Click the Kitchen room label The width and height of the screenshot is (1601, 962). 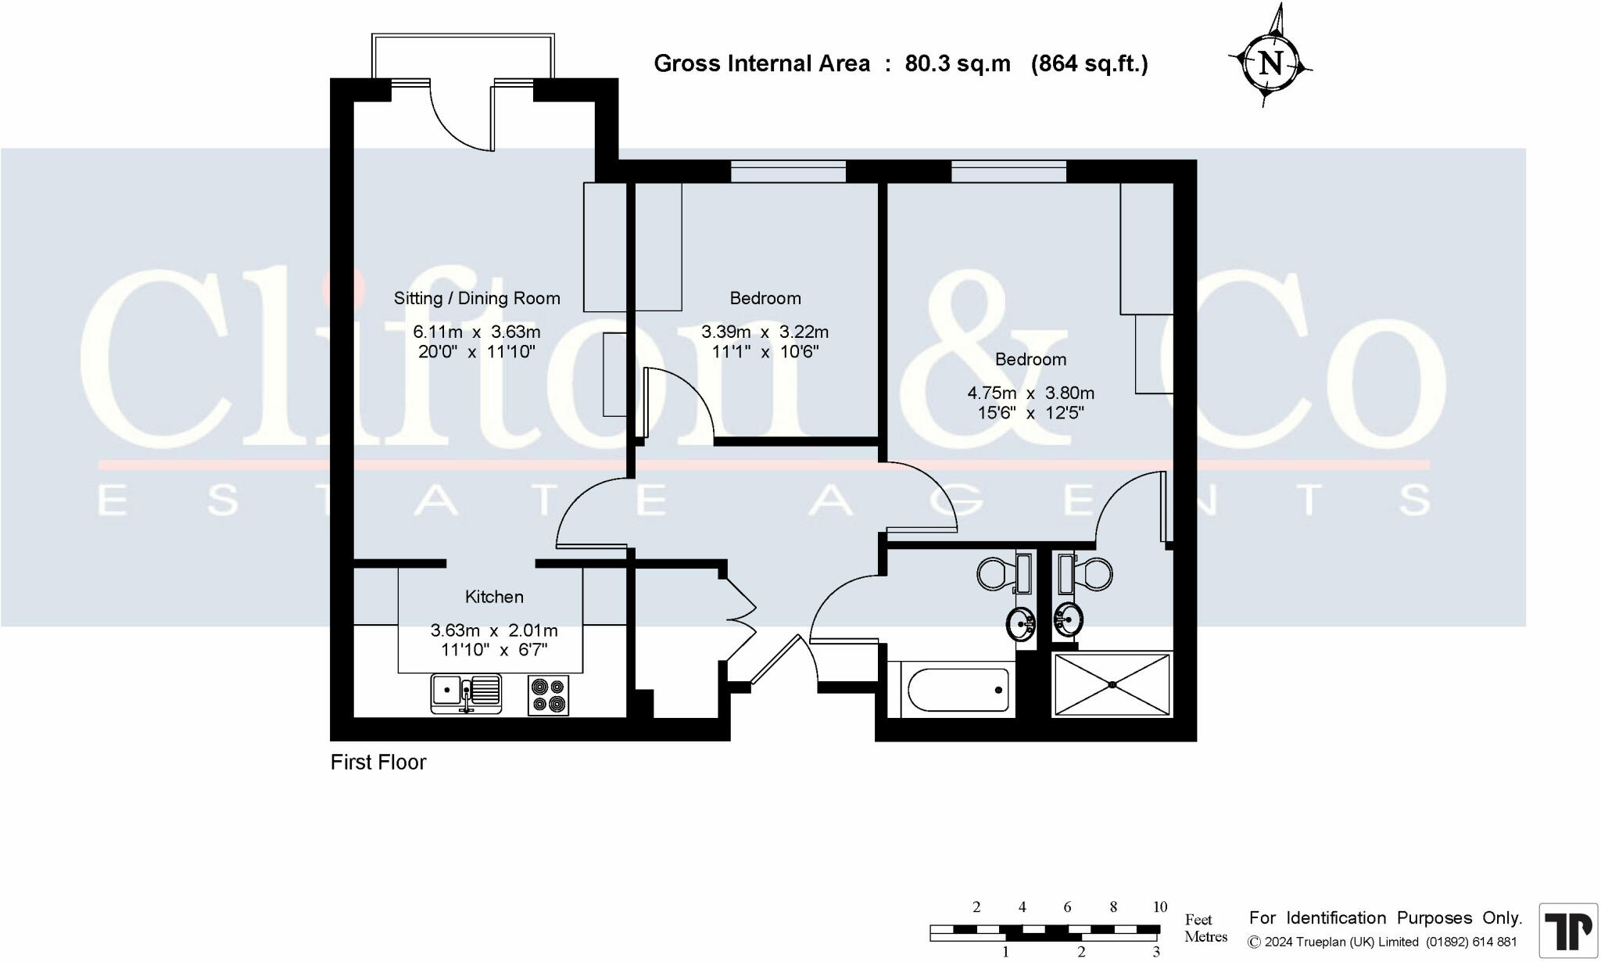click(494, 597)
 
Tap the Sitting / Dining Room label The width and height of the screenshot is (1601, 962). click(477, 298)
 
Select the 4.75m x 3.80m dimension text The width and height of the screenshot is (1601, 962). click(1030, 393)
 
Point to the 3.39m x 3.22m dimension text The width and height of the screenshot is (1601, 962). click(765, 332)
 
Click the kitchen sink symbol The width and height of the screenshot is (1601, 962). click(466, 693)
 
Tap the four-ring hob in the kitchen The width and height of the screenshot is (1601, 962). click(548, 695)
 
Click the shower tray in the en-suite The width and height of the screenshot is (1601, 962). click(1112, 684)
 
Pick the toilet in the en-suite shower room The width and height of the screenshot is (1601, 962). click(1093, 575)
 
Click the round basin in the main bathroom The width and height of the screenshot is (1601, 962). click(1021, 623)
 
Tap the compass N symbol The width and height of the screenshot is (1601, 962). click(1271, 63)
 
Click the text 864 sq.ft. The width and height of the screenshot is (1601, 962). click(1089, 63)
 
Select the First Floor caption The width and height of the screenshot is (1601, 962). click(378, 762)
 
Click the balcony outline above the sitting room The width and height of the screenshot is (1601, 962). click(463, 55)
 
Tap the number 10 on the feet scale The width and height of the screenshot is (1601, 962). click(1159, 906)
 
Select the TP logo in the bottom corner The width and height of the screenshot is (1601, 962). click(1567, 930)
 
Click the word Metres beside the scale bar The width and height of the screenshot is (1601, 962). click(1205, 936)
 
